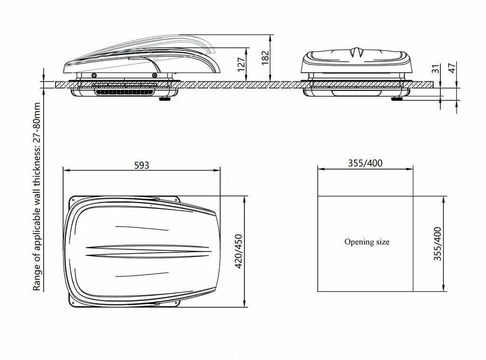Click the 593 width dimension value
coord(141,165)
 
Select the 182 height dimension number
coord(265,57)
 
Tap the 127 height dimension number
coord(242,65)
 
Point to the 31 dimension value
coord(436,68)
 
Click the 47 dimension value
coord(452,67)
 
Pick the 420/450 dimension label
coord(238,251)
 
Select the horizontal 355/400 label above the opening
coord(365,163)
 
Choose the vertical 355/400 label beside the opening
coord(437,244)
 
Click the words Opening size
coord(367,242)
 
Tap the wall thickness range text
coord(37,197)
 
